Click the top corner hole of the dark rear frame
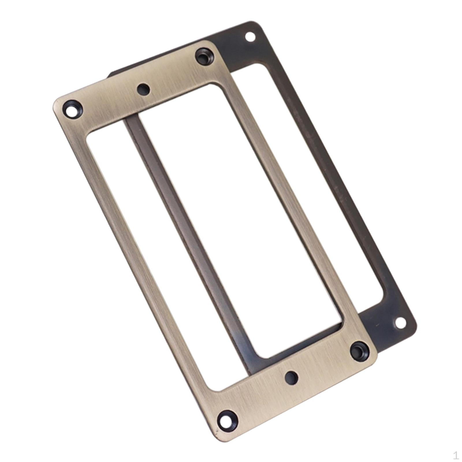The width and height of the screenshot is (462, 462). [250, 37]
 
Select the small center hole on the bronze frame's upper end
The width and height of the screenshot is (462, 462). [144, 89]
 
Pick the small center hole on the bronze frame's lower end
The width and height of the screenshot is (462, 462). [291, 378]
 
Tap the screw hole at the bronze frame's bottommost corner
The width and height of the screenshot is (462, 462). [227, 420]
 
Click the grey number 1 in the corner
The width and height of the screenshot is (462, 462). [455, 455]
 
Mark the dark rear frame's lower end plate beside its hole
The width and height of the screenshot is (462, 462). [387, 332]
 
